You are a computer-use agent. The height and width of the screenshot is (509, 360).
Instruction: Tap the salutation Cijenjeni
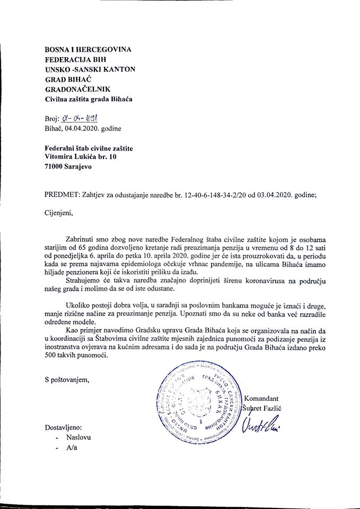click(x=60, y=215)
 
